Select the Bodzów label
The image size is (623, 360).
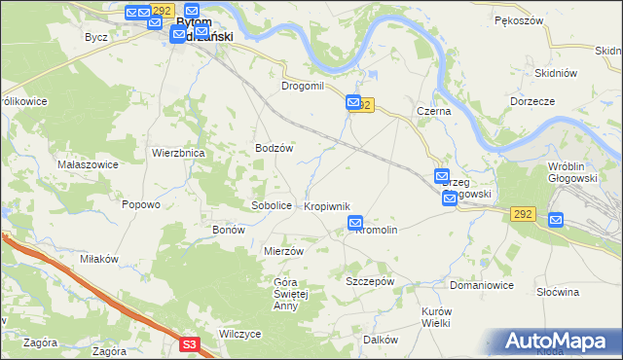(x=274, y=147)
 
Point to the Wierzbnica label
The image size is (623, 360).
(x=177, y=153)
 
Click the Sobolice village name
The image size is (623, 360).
(x=272, y=206)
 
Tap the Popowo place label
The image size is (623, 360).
(x=140, y=204)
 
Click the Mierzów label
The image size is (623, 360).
(x=284, y=250)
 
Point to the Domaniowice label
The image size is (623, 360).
(x=481, y=286)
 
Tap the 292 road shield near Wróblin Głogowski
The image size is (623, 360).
(x=522, y=213)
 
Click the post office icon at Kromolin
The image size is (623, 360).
(x=355, y=224)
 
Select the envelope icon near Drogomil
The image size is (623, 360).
(x=352, y=102)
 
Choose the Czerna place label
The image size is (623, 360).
(x=433, y=112)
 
